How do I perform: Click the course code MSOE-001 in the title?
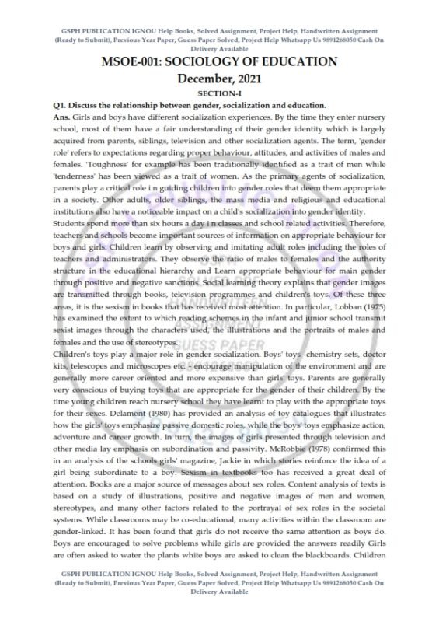(138, 62)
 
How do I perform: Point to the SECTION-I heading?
(220, 93)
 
